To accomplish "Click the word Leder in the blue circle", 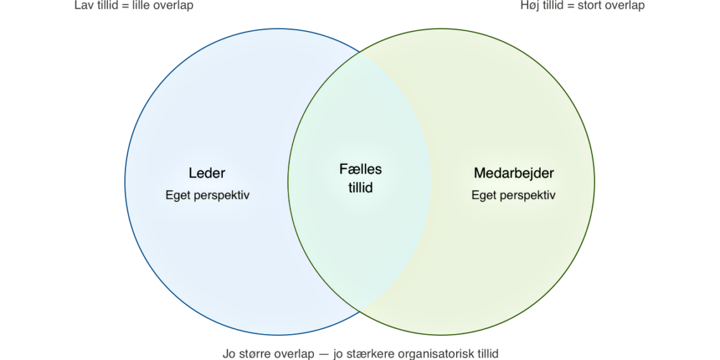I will click(207, 173).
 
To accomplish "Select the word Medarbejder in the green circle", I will click(513, 173).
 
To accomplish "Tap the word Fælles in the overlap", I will click(361, 169).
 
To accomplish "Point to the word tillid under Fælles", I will click(361, 188).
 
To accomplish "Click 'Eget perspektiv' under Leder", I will click(207, 195).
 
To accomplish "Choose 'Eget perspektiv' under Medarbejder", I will click(513, 195).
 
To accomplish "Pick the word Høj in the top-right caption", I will click(531, 6).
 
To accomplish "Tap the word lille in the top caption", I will click(143, 6).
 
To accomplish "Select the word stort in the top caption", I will click(591, 6).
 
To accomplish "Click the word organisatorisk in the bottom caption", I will click(431, 354).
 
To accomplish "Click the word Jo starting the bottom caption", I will click(229, 354).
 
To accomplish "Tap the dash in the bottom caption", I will click(323, 354).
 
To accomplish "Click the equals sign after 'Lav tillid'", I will click(125, 6).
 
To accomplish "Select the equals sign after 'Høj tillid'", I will click(571, 6).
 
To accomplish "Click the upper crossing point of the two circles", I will click(360, 52).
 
